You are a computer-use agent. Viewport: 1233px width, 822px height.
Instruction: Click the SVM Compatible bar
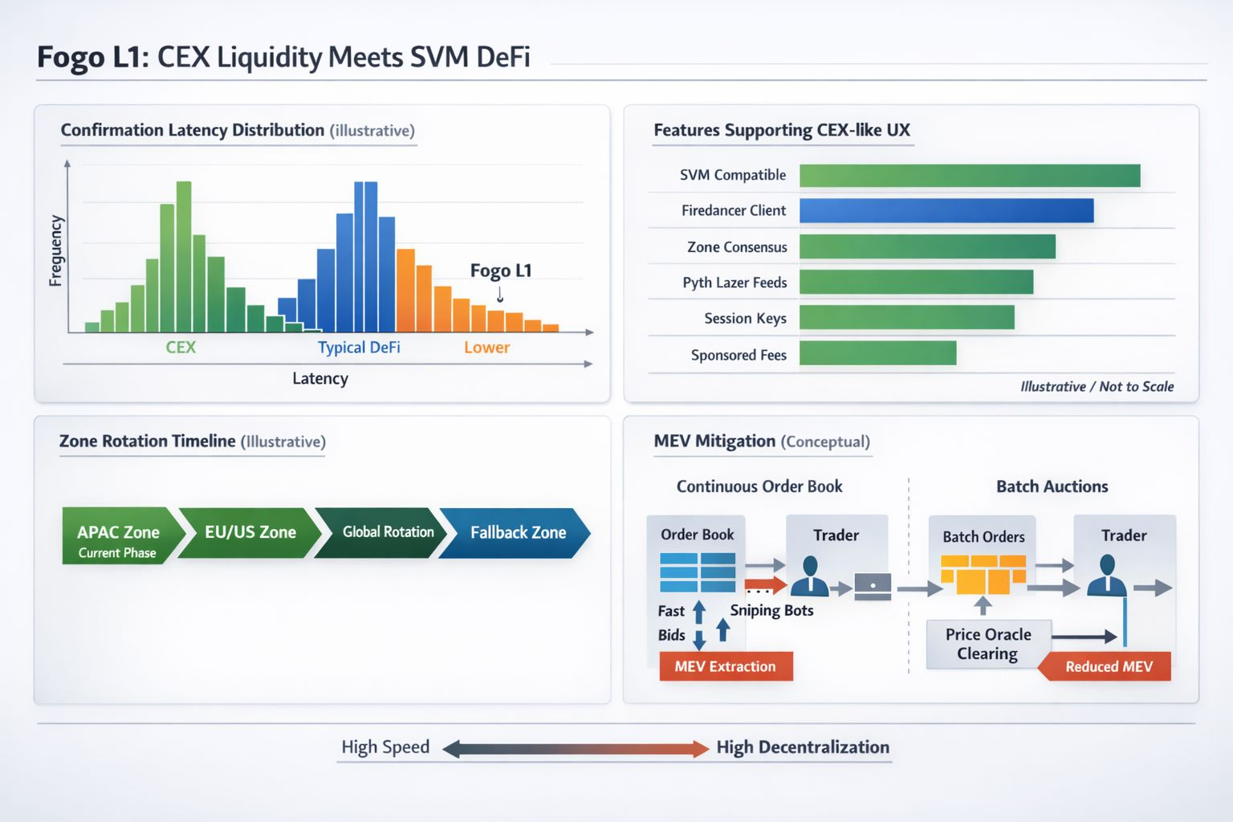coord(970,175)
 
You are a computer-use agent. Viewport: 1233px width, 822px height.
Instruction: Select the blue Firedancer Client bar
coord(946,210)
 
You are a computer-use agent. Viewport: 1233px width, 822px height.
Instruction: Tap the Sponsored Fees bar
coord(877,353)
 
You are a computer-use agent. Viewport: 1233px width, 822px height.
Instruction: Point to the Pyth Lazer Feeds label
coord(735,283)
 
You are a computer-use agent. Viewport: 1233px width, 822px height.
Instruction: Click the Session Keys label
coord(745,319)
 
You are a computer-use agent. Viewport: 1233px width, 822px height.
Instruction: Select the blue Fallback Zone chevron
coord(519,533)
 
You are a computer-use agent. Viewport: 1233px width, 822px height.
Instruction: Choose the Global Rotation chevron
coord(384,532)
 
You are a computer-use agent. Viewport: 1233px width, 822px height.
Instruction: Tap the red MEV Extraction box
coord(726,666)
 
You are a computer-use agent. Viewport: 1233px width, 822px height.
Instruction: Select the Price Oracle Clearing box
coord(988,644)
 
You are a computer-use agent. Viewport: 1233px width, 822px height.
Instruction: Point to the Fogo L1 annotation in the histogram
coord(501,271)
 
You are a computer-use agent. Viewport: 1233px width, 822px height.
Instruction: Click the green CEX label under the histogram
coord(181,347)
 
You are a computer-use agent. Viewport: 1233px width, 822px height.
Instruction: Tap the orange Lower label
coord(486,348)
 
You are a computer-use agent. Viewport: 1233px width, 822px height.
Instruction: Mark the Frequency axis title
coord(55,250)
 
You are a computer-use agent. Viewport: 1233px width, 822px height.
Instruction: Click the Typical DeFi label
coord(359,348)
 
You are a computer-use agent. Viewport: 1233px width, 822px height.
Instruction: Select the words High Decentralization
coord(803,747)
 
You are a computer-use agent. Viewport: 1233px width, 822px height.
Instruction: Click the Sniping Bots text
coord(771,610)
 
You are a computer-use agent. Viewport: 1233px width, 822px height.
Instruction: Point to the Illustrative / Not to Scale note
coord(1097,386)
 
